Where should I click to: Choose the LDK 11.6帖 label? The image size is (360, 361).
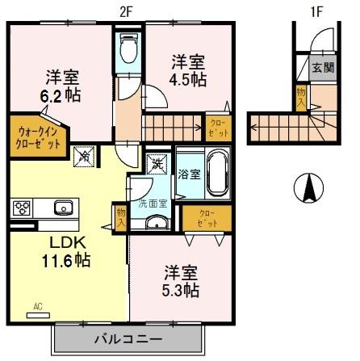click(65, 251)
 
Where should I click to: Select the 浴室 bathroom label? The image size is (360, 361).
click(189, 172)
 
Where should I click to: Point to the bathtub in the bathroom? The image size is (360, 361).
click(216, 172)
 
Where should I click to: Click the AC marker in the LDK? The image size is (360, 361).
click(37, 306)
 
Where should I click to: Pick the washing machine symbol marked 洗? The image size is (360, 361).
click(157, 163)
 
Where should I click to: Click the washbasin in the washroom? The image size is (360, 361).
click(153, 222)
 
